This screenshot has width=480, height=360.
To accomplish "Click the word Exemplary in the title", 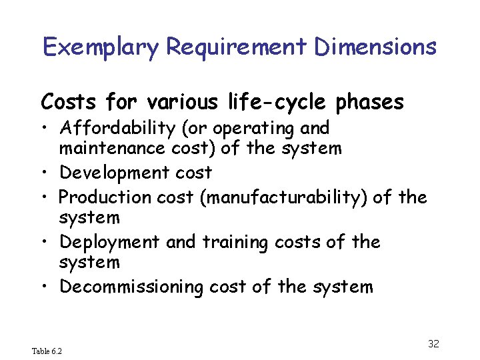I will click(101, 47).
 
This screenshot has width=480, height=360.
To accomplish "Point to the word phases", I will click(370, 103).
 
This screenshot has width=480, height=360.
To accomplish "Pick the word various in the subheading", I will click(178, 103).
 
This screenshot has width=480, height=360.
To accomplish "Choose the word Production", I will click(105, 197).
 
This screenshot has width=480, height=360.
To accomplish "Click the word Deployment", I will click(110, 241).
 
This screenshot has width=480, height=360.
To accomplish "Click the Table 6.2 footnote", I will click(47, 351).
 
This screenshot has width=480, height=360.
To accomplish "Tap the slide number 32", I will click(433, 344).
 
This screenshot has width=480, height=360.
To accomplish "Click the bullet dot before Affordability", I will click(46, 128).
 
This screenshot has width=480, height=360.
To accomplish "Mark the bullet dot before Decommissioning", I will click(46, 287).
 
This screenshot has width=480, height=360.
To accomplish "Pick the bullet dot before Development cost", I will click(46, 173).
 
